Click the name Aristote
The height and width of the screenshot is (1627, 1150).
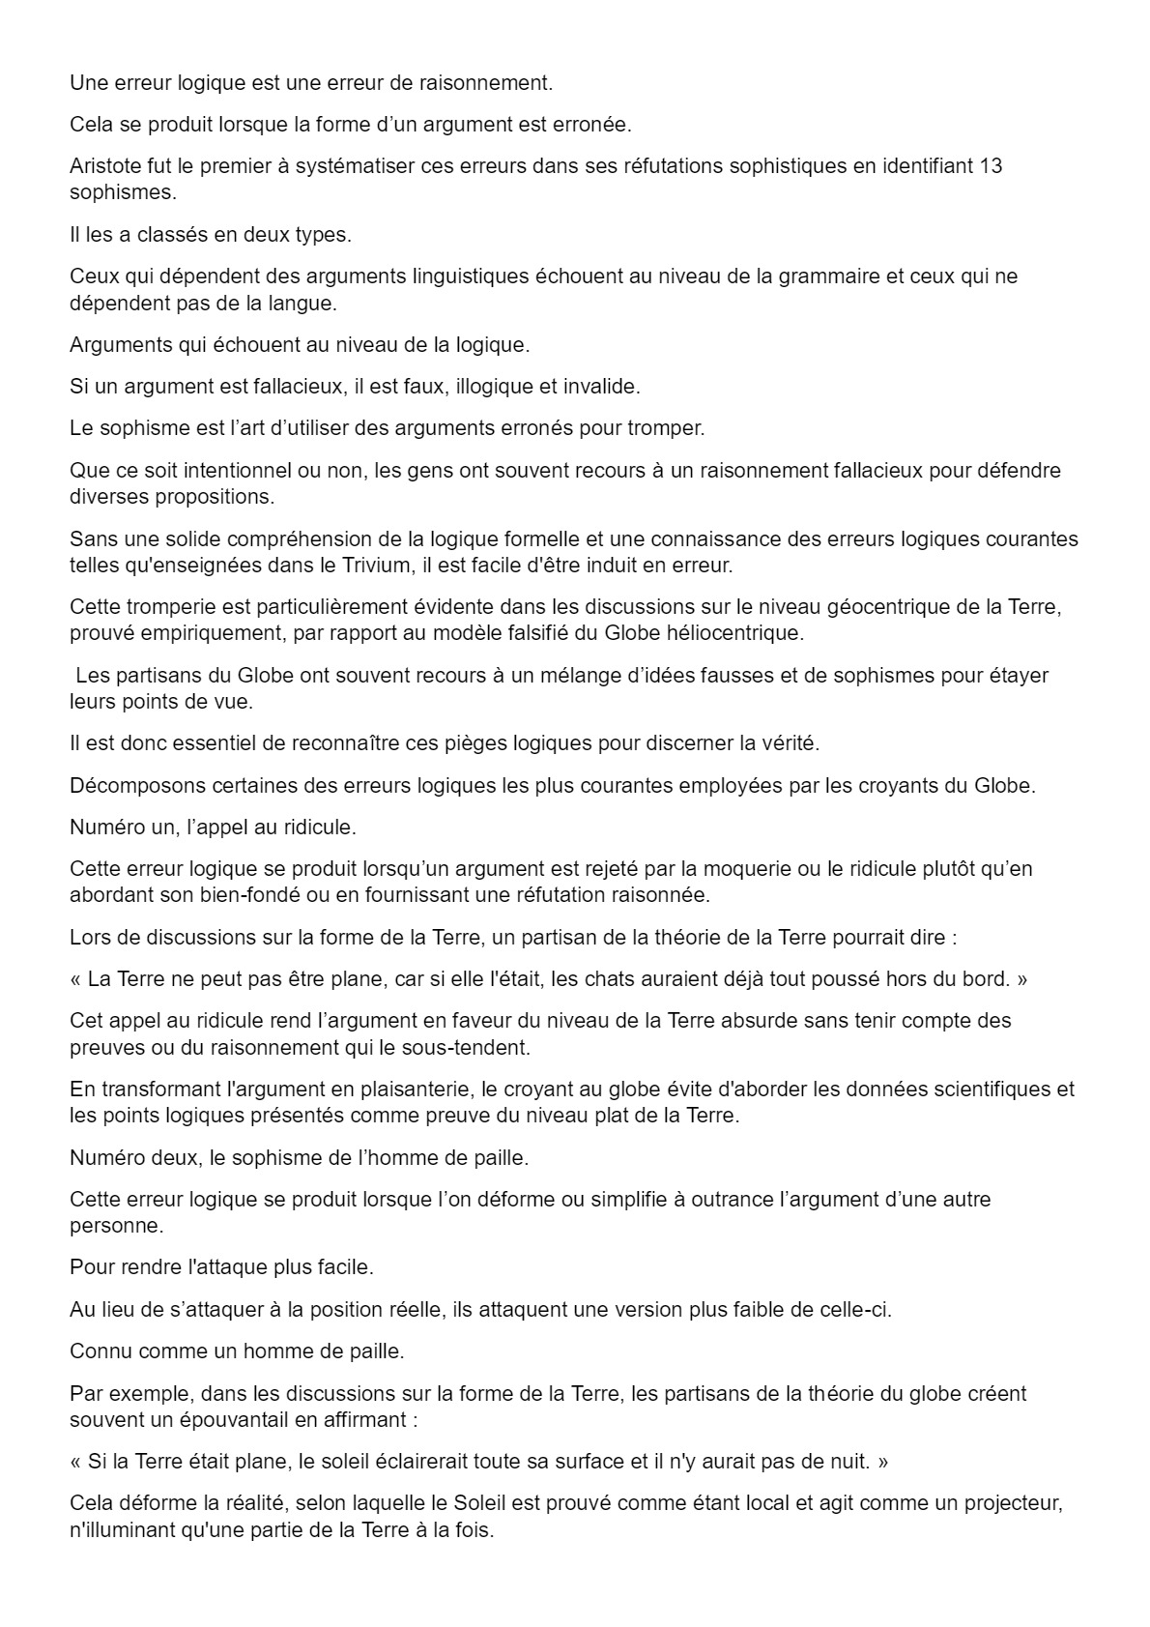tap(105, 166)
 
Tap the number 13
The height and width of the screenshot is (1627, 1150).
tap(991, 166)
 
